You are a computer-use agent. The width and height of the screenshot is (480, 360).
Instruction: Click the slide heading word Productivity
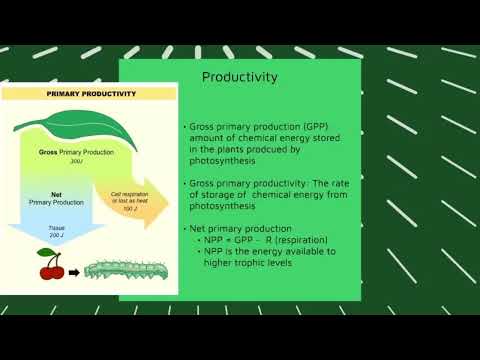point(240,77)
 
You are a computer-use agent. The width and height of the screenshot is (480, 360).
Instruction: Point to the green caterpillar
point(121,269)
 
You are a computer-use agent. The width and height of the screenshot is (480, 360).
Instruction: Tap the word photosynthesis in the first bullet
point(225,160)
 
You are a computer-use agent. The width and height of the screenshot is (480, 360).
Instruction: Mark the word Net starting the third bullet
point(199,228)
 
